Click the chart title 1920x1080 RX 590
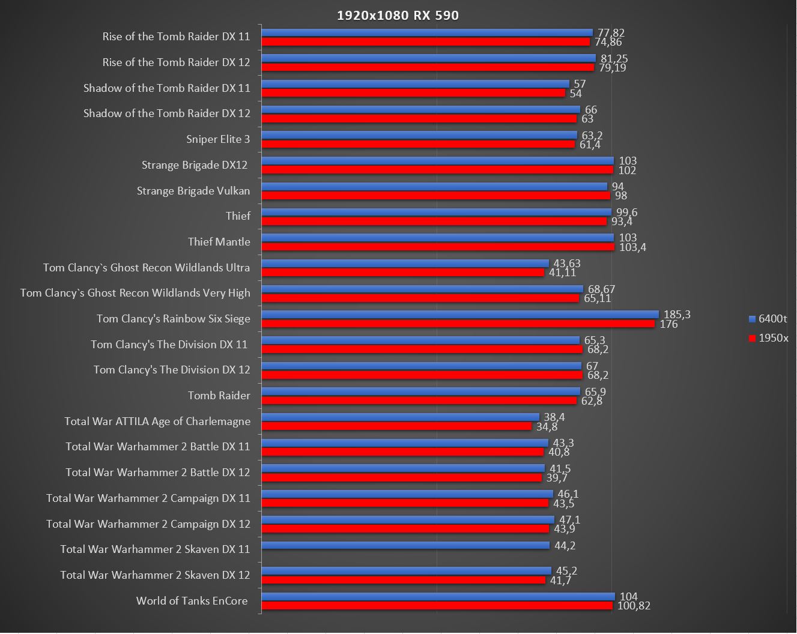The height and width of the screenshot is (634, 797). tap(398, 15)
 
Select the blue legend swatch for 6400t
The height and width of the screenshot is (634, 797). tap(751, 319)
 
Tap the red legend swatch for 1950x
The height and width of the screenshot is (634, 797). tap(751, 338)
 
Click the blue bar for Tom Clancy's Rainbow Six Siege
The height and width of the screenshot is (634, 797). tap(460, 315)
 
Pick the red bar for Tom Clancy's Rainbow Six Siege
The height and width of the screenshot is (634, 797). tap(458, 324)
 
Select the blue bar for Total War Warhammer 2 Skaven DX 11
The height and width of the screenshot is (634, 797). tap(405, 545)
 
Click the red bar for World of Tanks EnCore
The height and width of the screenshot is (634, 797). tap(437, 606)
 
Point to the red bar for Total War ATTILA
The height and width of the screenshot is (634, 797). tap(396, 426)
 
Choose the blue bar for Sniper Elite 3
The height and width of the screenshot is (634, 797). tap(419, 135)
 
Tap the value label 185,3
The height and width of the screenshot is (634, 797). tap(677, 315)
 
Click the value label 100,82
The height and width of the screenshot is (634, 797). tap(634, 606)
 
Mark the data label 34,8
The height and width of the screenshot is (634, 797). tap(547, 427)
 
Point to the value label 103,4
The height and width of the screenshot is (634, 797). tap(632, 247)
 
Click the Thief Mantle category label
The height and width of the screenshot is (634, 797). tap(219, 242)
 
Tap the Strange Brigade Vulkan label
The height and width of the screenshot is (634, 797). tap(193, 191)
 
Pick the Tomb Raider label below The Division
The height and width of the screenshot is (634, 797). tap(219, 396)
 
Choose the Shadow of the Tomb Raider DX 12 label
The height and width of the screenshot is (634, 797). tap(166, 113)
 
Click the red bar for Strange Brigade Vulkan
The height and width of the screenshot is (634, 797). tap(435, 195)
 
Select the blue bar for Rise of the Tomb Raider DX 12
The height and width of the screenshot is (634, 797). tap(428, 58)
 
